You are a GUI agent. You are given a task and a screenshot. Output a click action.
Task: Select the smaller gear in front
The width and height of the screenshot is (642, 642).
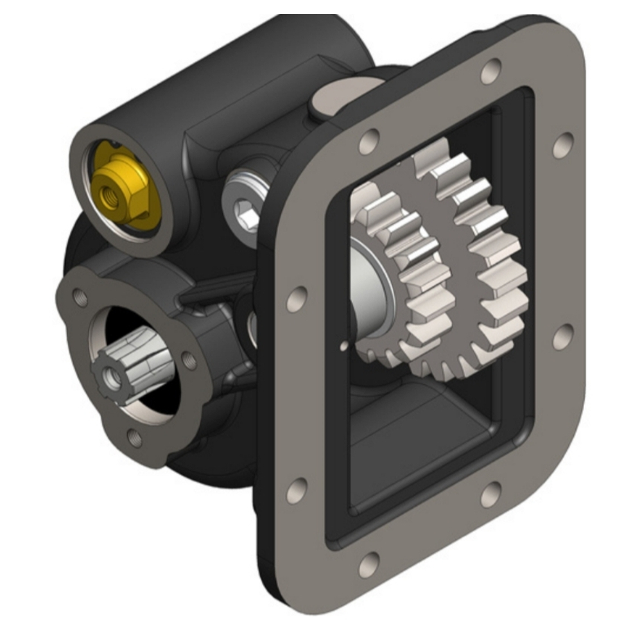pos(404,282)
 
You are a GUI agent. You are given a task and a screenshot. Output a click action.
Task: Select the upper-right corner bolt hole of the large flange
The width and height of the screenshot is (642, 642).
pos(562,144)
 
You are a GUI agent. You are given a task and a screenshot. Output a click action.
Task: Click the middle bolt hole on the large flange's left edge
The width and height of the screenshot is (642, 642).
pos(296,299)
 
